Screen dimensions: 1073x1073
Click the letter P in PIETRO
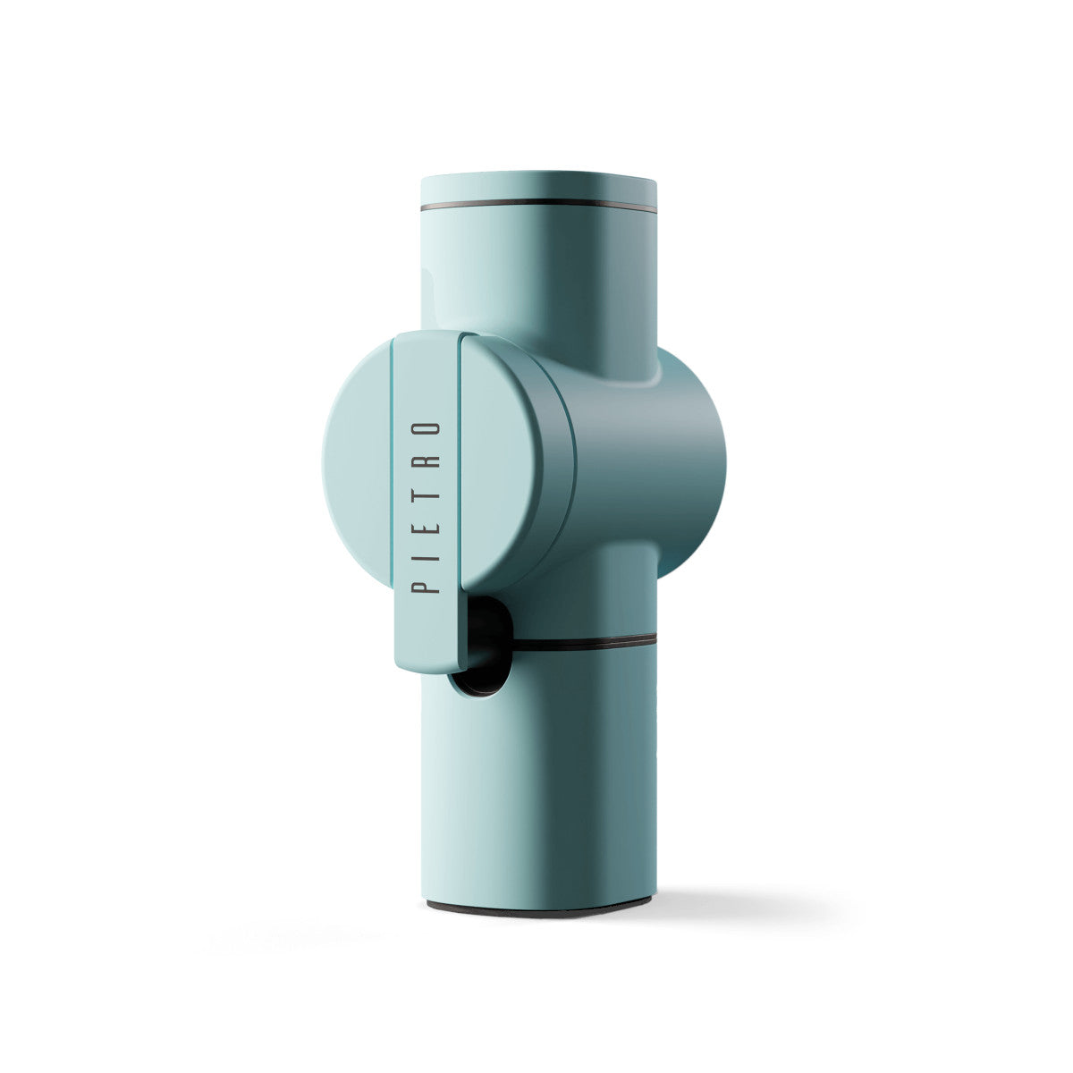point(426,584)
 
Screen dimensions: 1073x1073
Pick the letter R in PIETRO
point(426,461)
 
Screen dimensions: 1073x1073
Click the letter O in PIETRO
point(426,429)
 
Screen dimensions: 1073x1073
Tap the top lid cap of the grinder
point(538,188)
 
